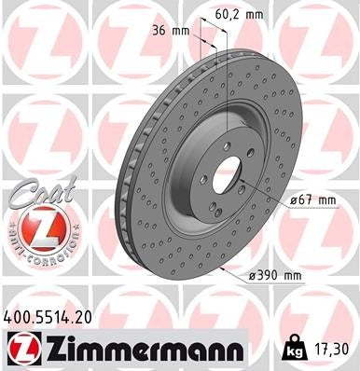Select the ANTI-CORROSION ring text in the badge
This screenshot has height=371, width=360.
[38, 252]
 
